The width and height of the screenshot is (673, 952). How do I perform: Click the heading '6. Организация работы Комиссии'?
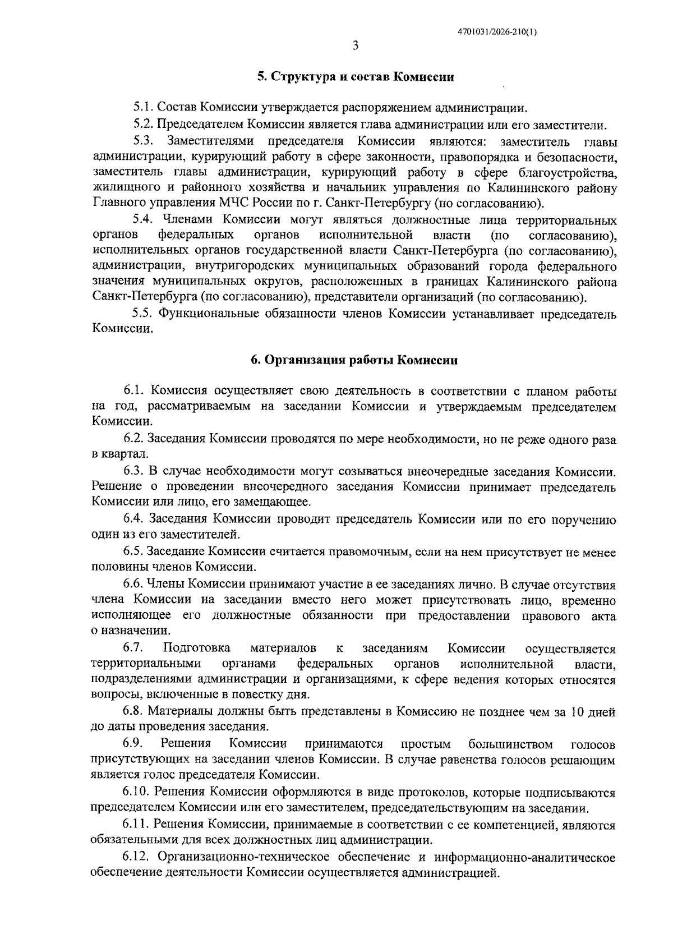pos(354,360)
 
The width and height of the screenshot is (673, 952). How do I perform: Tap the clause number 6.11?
pos(136,825)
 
